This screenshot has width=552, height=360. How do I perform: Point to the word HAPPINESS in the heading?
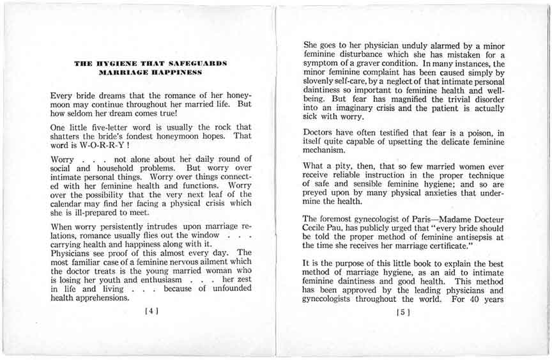(174, 73)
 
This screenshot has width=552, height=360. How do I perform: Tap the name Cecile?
(318, 230)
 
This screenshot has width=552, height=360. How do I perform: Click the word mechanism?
(327, 151)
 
